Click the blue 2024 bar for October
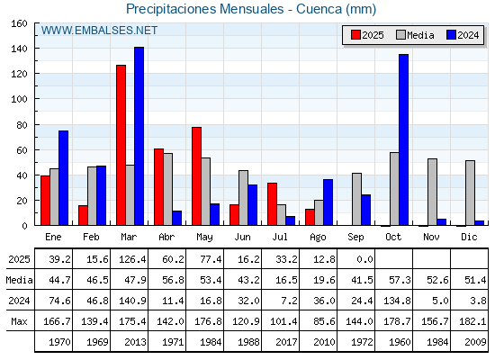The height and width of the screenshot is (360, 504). coord(404,139)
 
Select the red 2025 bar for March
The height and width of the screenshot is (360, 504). coord(121,145)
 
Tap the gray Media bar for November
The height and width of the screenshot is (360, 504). coord(432,192)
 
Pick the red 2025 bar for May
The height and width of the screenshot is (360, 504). coord(197,176)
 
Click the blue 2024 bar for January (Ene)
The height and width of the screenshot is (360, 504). coord(63,178)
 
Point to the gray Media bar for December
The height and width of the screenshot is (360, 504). coord(470,193)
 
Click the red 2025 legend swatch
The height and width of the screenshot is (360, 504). coord(355,35)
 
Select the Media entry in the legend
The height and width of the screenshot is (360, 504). coord(415,35)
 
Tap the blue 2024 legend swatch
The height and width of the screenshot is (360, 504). coord(451,35)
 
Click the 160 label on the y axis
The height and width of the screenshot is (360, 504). coord(19,23)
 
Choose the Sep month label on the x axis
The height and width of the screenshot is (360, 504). coord(355,237)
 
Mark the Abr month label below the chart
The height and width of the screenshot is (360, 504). coord(166,237)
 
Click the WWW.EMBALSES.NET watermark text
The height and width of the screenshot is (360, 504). coord(99,31)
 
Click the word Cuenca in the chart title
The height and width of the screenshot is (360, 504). coord(319,9)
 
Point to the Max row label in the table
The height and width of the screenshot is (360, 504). coord(19,321)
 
